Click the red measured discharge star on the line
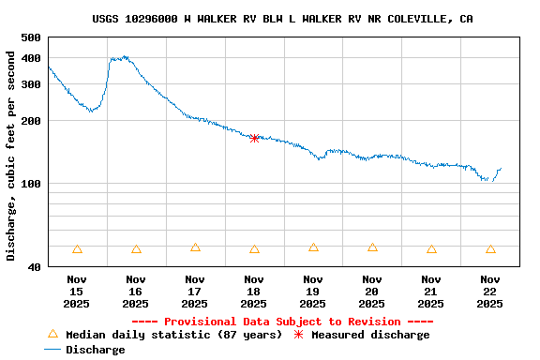coord(254,138)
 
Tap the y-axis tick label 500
coord(30,37)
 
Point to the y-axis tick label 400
coord(30,58)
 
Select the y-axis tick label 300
coord(30,84)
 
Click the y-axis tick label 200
coord(30,121)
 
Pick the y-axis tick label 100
coord(30,184)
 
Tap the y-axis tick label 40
coord(34,267)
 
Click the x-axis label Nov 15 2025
coord(77,292)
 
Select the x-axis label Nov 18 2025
coord(254,292)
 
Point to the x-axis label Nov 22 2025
coord(490,292)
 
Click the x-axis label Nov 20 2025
coord(372,292)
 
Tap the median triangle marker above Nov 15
coord(77,249)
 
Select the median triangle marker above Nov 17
coord(195,247)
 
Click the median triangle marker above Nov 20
coord(372,247)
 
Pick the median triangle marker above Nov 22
coord(490,249)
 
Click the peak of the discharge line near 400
coord(120,58)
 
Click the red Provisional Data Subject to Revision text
coord(282,322)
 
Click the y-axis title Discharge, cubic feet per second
coord(11,156)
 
